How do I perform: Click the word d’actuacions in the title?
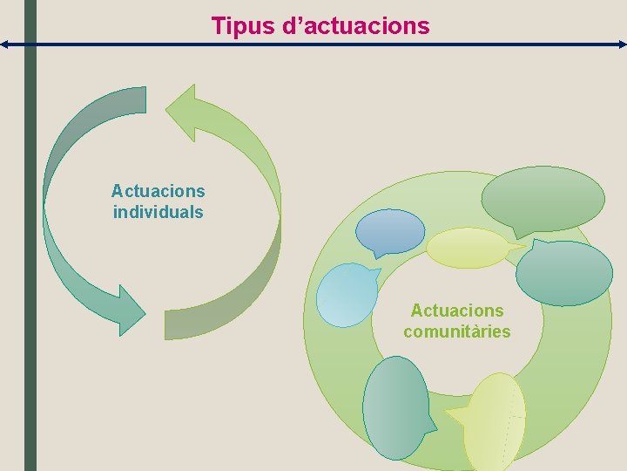pos(357,26)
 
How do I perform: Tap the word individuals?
pos(158,212)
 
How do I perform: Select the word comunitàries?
pos(457,331)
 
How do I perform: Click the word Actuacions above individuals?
pos(158,190)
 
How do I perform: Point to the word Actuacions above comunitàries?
pos(457,311)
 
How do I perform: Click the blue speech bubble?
pos(390,231)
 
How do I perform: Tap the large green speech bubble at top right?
pos(543,198)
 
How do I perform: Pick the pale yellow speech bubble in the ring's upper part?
pos(469,248)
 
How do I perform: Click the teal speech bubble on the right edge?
pos(563,273)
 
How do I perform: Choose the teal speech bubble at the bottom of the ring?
pos(395,407)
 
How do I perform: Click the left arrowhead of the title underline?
pos(4,44)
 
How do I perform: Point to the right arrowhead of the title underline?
pos(622,44)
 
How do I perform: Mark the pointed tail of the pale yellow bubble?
pos(521,249)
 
